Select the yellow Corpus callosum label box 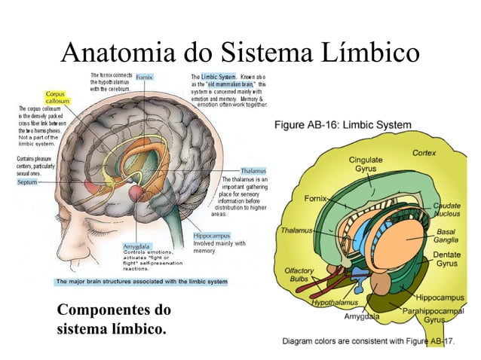57,96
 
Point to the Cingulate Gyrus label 363,165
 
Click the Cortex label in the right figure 424,153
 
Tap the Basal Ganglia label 447,236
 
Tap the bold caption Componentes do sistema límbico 113,320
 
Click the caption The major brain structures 142,282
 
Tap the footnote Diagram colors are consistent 368,341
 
